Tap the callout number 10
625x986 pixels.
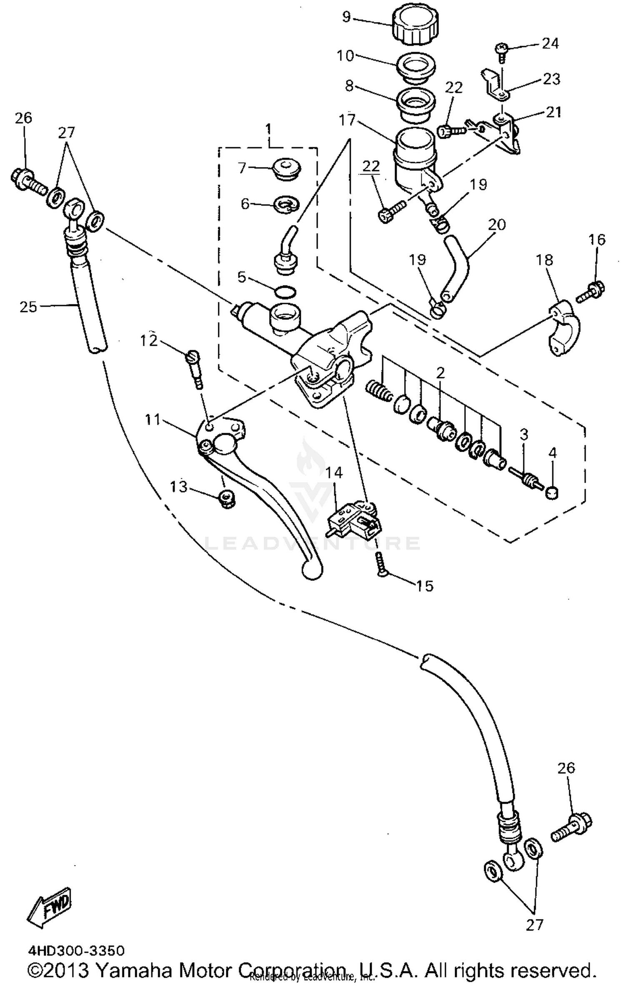point(345,55)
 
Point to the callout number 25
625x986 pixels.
point(28,307)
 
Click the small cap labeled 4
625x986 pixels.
point(552,493)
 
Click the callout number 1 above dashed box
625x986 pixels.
point(268,128)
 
